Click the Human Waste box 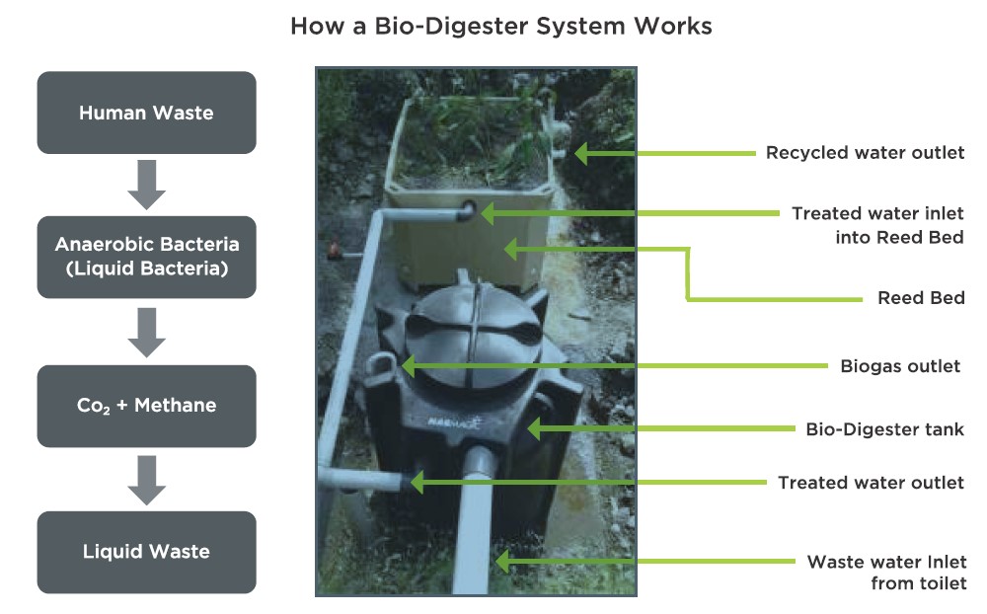pyautogui.click(x=146, y=113)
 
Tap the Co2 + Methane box pyautogui.click(x=146, y=406)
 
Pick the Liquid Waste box pyautogui.click(x=146, y=551)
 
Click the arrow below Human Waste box pyautogui.click(x=146, y=186)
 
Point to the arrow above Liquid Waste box pyautogui.click(x=146, y=479)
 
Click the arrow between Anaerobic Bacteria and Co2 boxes pyautogui.click(x=146, y=332)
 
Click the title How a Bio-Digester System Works pyautogui.click(x=500, y=27)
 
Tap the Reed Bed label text pyautogui.click(x=920, y=298)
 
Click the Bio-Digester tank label pyautogui.click(x=884, y=429)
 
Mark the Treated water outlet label pyautogui.click(x=871, y=483)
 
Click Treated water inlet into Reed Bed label pyautogui.click(x=877, y=225)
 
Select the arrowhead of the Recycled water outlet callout pyautogui.click(x=581, y=153)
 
